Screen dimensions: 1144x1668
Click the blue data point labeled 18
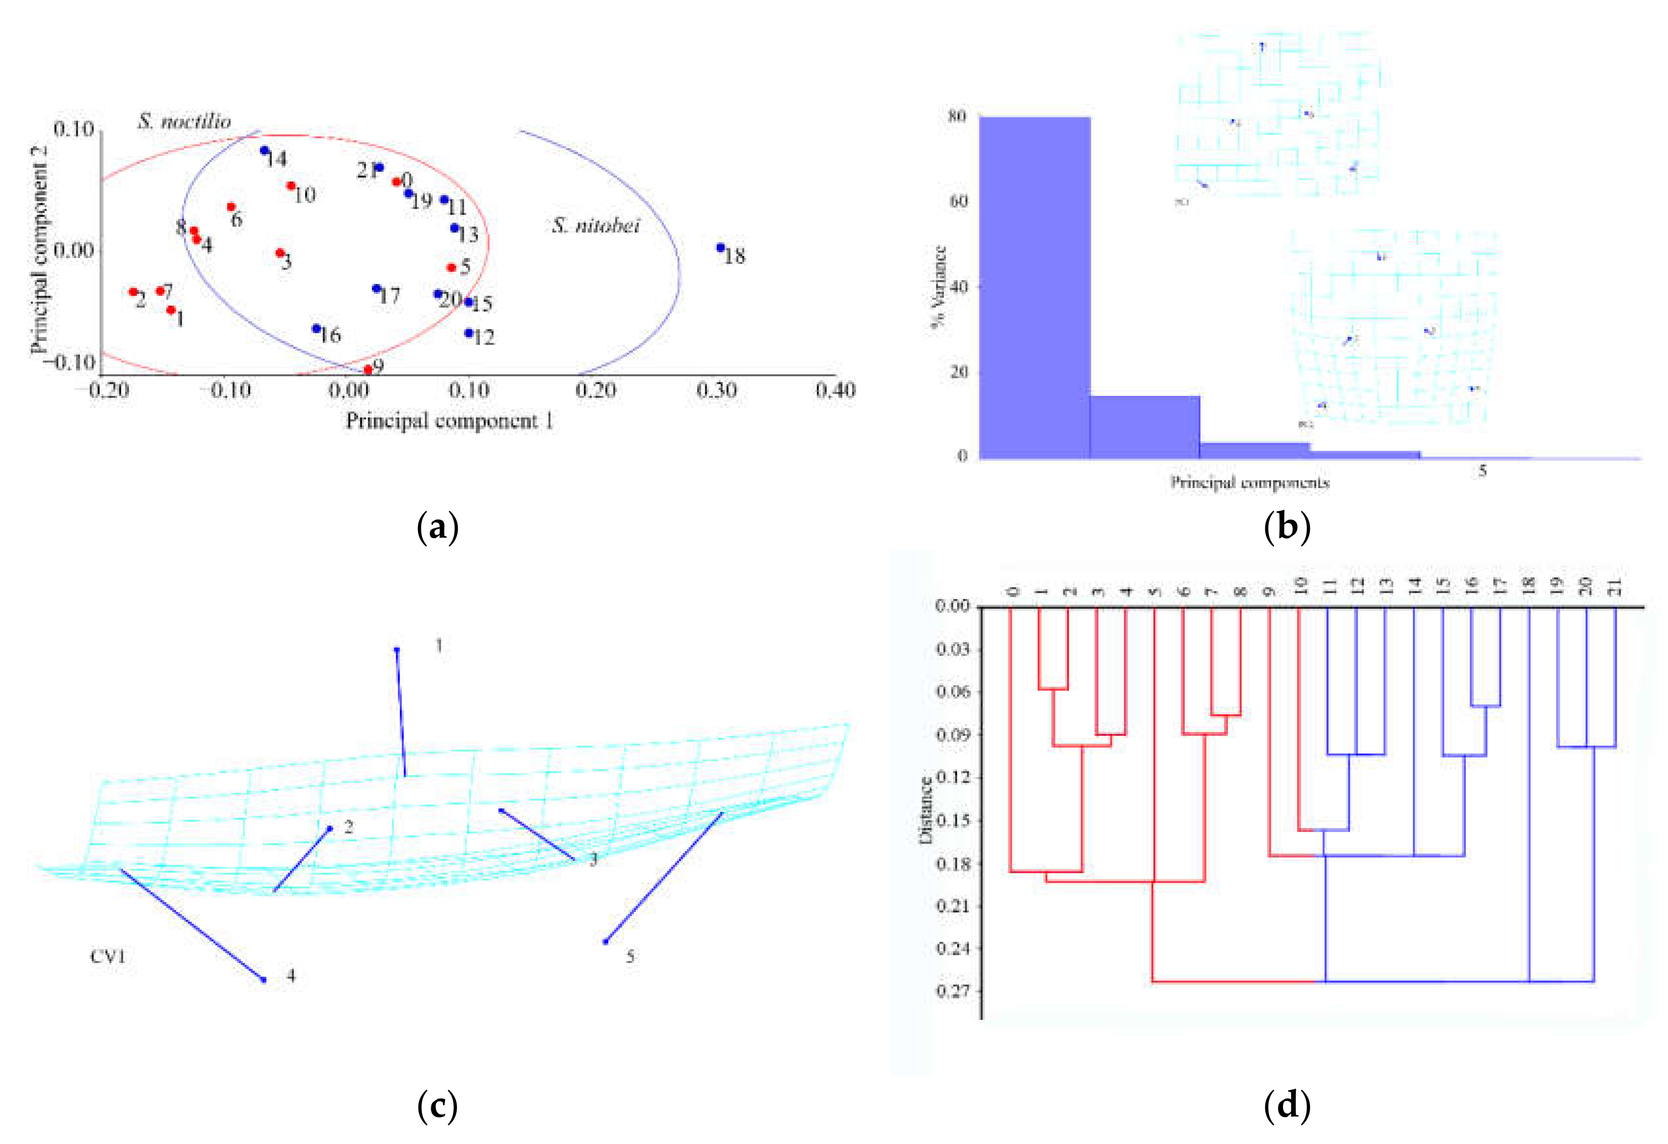pyautogui.click(x=720, y=248)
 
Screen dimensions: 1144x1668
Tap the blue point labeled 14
pyautogui.click(x=264, y=151)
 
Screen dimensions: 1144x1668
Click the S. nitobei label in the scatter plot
pyautogui.click(x=595, y=226)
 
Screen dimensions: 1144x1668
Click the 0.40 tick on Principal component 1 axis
pyautogui.click(x=835, y=390)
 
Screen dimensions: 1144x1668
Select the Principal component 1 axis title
pyautogui.click(x=449, y=420)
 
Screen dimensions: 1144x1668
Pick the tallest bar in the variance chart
pyautogui.click(x=1035, y=287)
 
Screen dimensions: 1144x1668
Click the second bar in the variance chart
pyautogui.click(x=1145, y=426)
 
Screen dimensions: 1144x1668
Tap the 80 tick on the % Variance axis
pyautogui.click(x=957, y=116)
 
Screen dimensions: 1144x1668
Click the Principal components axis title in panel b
pyautogui.click(x=1250, y=482)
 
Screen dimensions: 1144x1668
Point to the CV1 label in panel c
pyautogui.click(x=107, y=957)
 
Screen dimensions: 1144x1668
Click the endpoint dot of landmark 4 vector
pyautogui.click(x=264, y=980)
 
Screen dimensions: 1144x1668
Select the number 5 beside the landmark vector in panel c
pyautogui.click(x=630, y=957)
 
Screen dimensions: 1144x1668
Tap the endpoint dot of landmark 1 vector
pyautogui.click(x=397, y=650)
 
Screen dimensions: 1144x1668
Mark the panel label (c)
pyautogui.click(x=437, y=1107)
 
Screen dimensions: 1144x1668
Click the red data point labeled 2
pyautogui.click(x=133, y=291)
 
